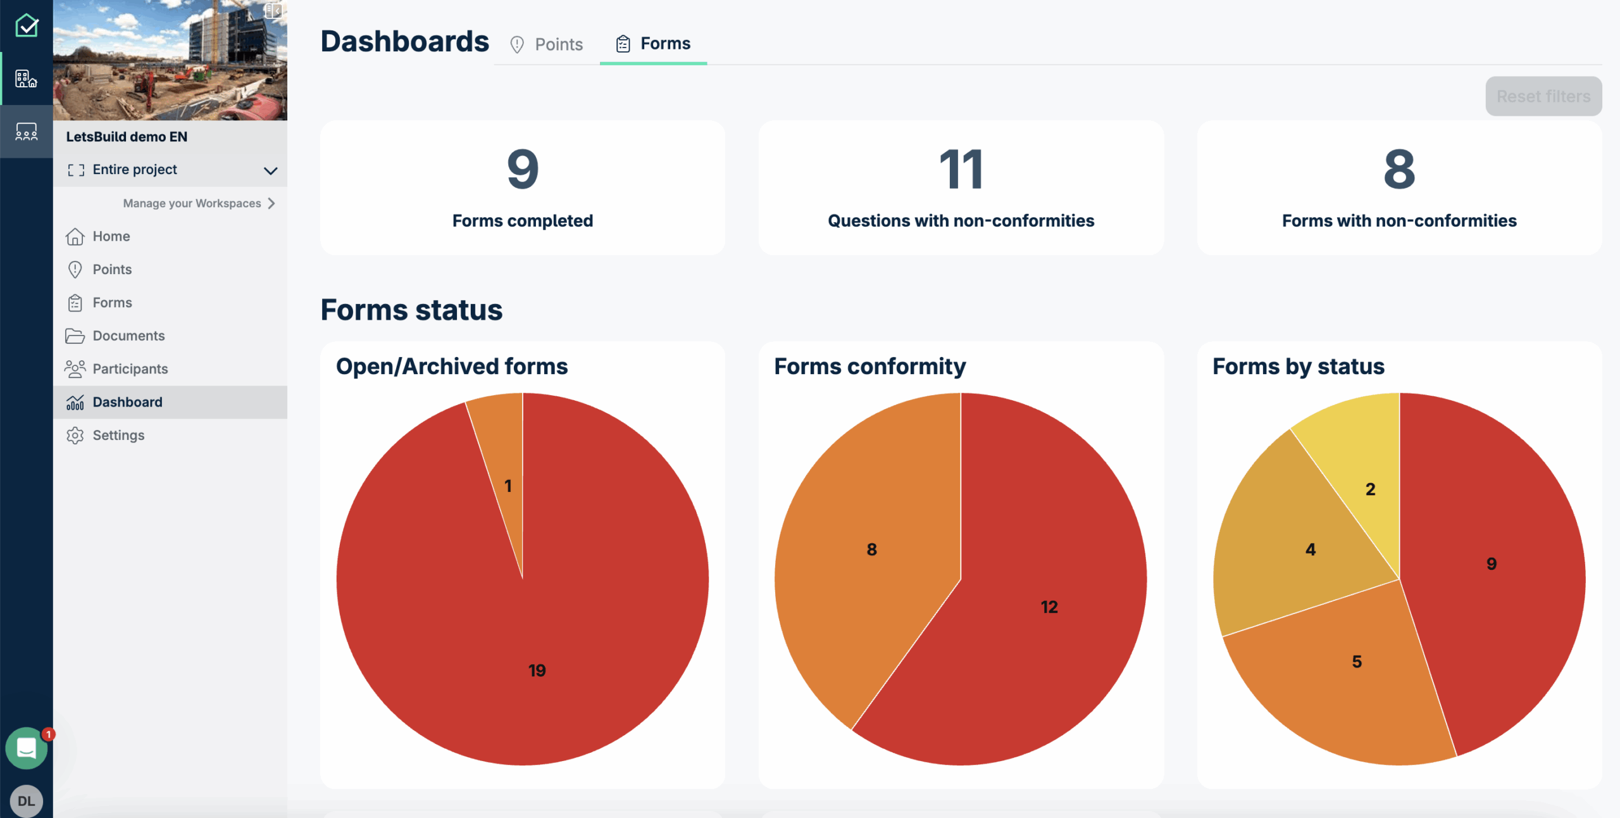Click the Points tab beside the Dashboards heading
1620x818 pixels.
click(547, 44)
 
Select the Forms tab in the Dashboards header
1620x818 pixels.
click(653, 44)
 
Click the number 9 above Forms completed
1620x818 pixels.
click(523, 170)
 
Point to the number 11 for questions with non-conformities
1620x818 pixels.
click(961, 170)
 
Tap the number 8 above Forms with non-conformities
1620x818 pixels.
click(1399, 170)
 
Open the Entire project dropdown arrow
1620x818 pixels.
click(270, 170)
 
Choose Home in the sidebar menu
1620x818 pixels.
click(111, 236)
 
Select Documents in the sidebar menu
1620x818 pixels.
click(128, 336)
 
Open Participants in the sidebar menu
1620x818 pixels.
click(130, 368)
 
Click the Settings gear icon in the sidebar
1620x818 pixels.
click(75, 436)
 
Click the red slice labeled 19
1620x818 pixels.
click(537, 633)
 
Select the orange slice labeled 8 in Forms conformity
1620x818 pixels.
click(871, 549)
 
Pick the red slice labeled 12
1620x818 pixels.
click(1049, 607)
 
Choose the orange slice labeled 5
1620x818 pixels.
click(1356, 662)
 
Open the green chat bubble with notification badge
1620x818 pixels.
click(27, 748)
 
